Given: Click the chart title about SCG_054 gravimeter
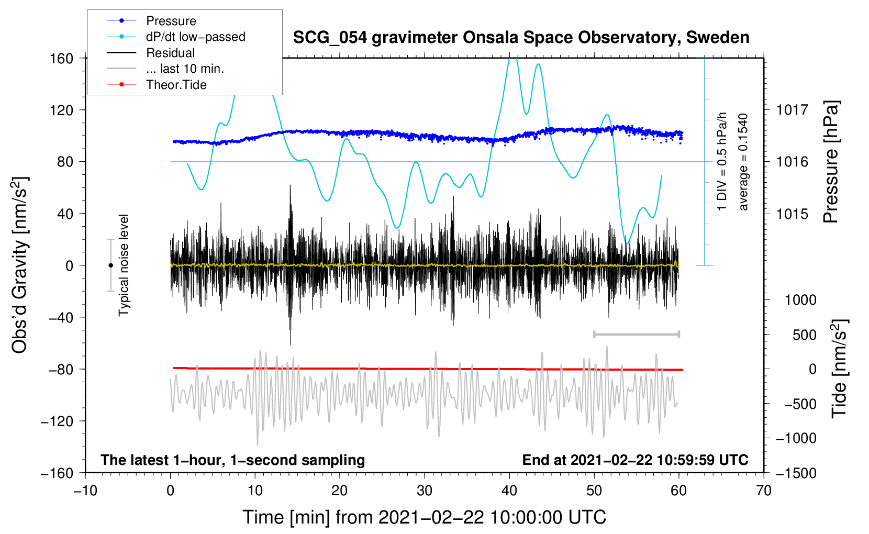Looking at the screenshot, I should (521, 38).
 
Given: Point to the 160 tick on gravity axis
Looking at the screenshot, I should (62, 58).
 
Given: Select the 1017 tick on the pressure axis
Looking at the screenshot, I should (792, 110).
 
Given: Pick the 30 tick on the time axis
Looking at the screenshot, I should (425, 491).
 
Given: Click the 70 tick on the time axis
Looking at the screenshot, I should (764, 491).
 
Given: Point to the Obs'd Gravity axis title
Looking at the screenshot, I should (20, 265).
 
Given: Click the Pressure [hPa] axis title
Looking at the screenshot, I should (831, 162).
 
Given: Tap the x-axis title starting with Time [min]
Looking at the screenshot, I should (424, 517).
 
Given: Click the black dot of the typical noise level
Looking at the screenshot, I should (110, 265).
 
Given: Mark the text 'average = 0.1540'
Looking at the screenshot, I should (743, 162).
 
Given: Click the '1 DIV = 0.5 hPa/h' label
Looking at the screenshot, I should (722, 161).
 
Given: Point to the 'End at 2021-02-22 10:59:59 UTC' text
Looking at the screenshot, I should (635, 460).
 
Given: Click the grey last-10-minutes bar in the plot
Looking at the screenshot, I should (636, 334).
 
